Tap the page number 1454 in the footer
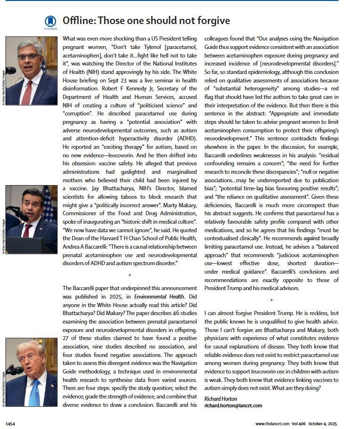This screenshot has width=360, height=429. tap(10, 424)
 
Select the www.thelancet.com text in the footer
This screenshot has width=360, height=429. tap(273, 424)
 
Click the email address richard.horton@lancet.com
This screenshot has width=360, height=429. tap(233, 405)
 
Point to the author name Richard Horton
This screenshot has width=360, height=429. tap(221, 399)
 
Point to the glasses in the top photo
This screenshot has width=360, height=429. tap(29, 57)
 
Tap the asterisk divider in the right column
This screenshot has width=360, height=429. tap(271, 300)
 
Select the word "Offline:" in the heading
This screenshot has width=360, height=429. tap(80, 21)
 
